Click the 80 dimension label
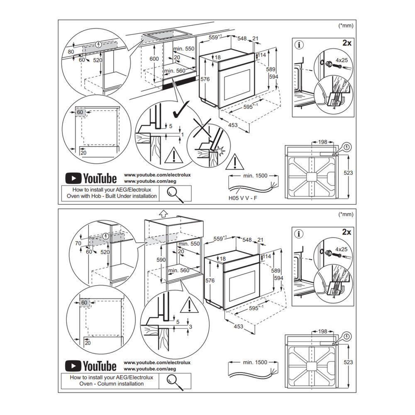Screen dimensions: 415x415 [71, 52]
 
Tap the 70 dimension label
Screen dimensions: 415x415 [78, 244]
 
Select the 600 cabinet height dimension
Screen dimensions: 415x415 [154, 59]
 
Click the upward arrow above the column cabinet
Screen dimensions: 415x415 [163, 213]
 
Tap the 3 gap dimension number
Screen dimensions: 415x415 [190, 327]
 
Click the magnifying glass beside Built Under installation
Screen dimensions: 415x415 [175, 193]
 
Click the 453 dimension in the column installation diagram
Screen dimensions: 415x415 [238, 327]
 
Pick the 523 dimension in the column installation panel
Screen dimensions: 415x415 [348, 362]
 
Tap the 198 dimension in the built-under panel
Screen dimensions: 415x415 [323, 142]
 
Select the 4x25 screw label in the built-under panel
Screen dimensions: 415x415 [341, 60]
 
